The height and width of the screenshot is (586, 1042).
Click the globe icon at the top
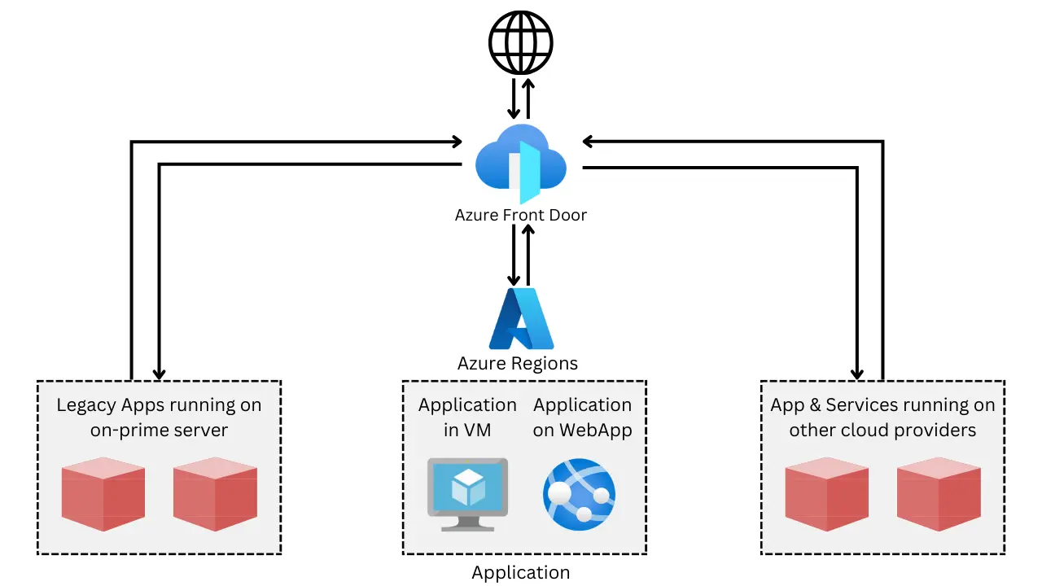pos(520,41)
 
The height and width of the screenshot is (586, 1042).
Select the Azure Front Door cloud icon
pos(520,163)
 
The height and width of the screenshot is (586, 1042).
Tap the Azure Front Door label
pos(520,216)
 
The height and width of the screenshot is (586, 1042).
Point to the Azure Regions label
pos(518,363)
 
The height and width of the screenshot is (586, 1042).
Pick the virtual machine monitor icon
pos(467,493)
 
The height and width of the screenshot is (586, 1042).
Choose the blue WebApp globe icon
pos(579,494)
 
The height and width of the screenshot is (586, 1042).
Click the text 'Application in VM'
pos(467,417)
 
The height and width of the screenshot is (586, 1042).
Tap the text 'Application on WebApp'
pos(582,417)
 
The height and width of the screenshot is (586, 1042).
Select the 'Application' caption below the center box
pos(520,572)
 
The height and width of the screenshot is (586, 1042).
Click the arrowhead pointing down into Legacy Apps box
pos(160,374)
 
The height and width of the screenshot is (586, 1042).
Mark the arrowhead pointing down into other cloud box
pos(857,374)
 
